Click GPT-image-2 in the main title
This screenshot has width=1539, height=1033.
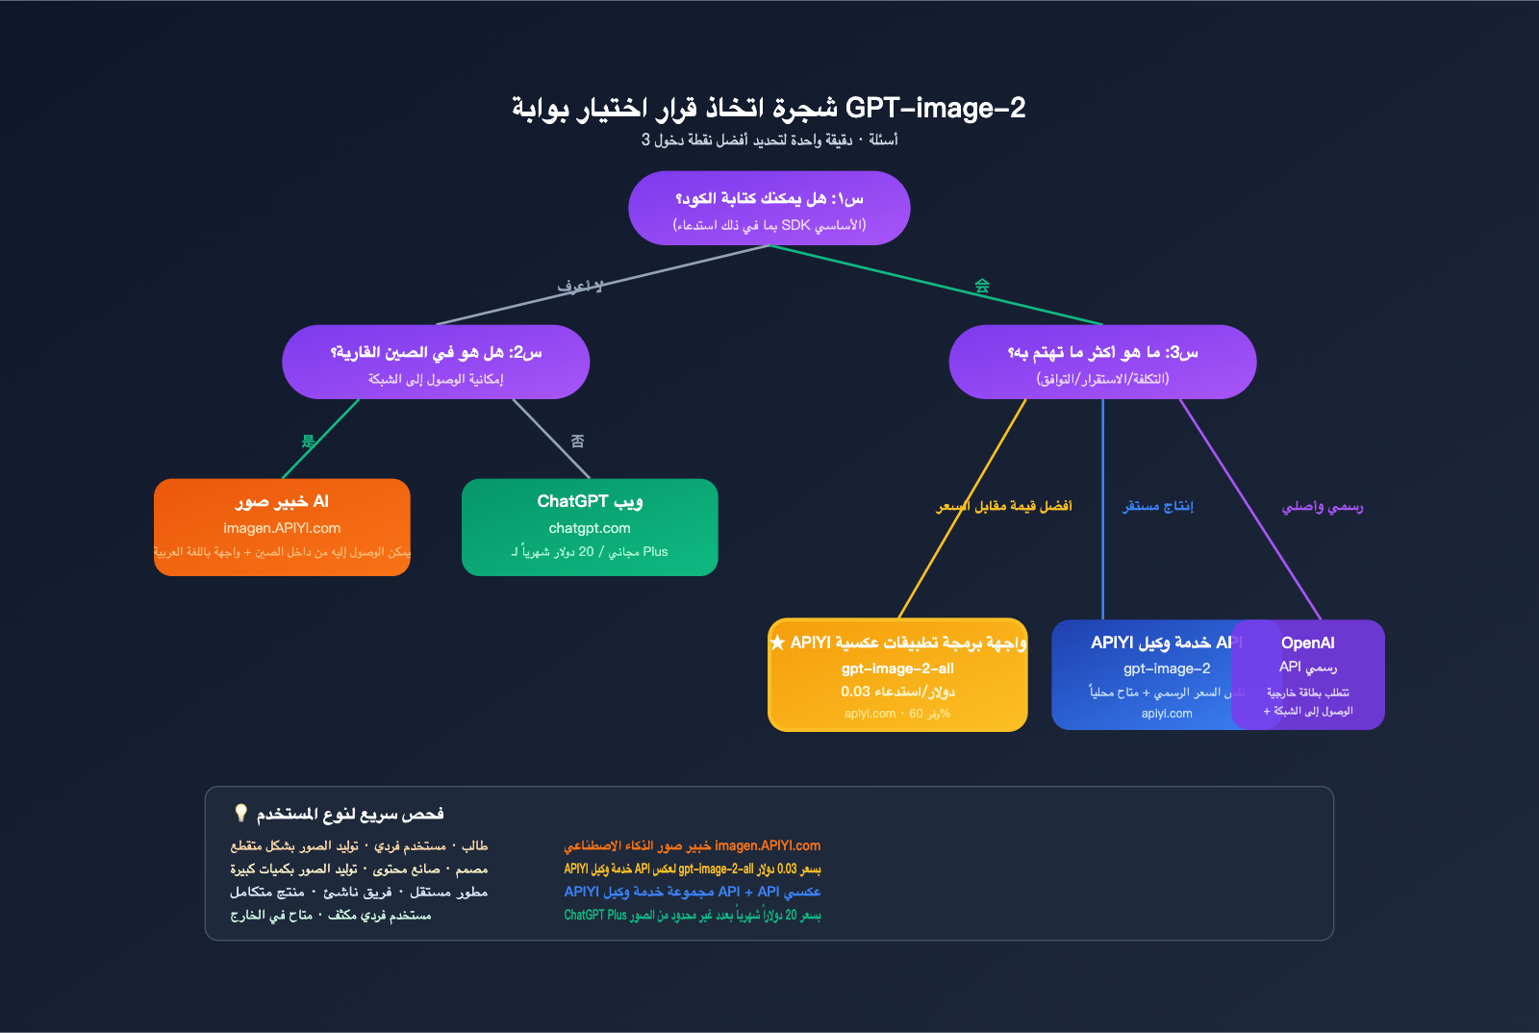(x=935, y=108)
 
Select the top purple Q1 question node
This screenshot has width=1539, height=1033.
(x=769, y=209)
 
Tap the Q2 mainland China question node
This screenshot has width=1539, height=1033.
(x=436, y=362)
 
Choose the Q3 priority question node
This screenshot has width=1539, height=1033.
(x=1102, y=362)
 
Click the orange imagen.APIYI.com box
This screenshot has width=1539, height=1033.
(x=282, y=527)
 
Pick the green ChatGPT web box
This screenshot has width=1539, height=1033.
(x=590, y=527)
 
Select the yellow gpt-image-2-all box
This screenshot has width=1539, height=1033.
(x=897, y=675)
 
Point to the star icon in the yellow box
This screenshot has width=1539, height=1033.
(x=777, y=642)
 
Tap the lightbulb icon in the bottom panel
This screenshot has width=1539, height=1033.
(x=240, y=813)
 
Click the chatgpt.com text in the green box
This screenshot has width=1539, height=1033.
(x=590, y=528)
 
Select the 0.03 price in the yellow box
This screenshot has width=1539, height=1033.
(x=855, y=692)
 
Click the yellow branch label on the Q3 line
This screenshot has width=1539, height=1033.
(x=1004, y=506)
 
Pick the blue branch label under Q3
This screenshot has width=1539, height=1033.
(x=1157, y=506)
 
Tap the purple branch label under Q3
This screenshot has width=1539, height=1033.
(x=1322, y=506)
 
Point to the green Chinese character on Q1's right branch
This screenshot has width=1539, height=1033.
(x=982, y=286)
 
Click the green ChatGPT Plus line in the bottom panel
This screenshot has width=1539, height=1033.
(x=692, y=915)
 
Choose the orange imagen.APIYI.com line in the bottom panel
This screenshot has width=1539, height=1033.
(x=692, y=845)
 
